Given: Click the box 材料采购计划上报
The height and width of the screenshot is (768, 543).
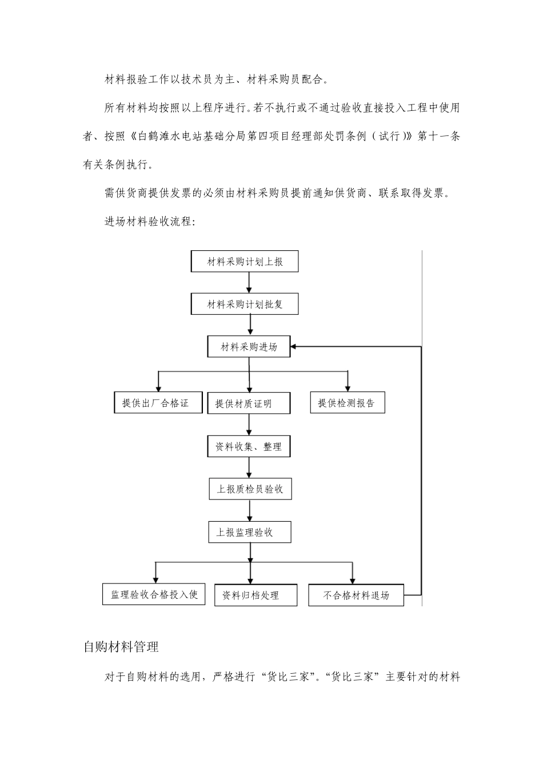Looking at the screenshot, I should (x=244, y=262).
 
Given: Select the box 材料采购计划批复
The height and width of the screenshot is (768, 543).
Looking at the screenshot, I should (x=244, y=305).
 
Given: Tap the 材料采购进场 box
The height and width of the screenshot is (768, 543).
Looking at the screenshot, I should (x=249, y=347).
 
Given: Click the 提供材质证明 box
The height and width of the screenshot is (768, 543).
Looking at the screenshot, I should (x=249, y=403).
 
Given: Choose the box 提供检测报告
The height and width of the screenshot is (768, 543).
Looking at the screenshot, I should (x=347, y=403).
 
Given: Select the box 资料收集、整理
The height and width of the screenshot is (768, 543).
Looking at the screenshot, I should (x=249, y=446).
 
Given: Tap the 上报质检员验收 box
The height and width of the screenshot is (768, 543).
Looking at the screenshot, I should (x=250, y=489).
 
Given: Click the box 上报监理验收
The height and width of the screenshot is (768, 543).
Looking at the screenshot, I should (x=250, y=532).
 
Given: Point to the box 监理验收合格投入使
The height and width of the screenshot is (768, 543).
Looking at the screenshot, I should (x=154, y=594).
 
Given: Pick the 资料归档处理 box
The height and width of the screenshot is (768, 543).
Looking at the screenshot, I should (x=255, y=595).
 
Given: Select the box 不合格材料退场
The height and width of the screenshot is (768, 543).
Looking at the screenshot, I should (x=356, y=595).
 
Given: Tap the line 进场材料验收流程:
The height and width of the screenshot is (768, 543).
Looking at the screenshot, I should (x=150, y=222).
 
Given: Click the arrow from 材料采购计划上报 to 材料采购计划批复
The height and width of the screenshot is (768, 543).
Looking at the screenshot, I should (x=249, y=282).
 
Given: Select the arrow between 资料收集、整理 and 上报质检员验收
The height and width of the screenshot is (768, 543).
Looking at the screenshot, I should (x=249, y=467).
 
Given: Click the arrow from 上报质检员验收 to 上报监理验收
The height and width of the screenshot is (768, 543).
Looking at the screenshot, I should (x=249, y=510).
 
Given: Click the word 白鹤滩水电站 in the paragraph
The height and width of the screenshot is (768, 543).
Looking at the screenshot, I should (x=166, y=137).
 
